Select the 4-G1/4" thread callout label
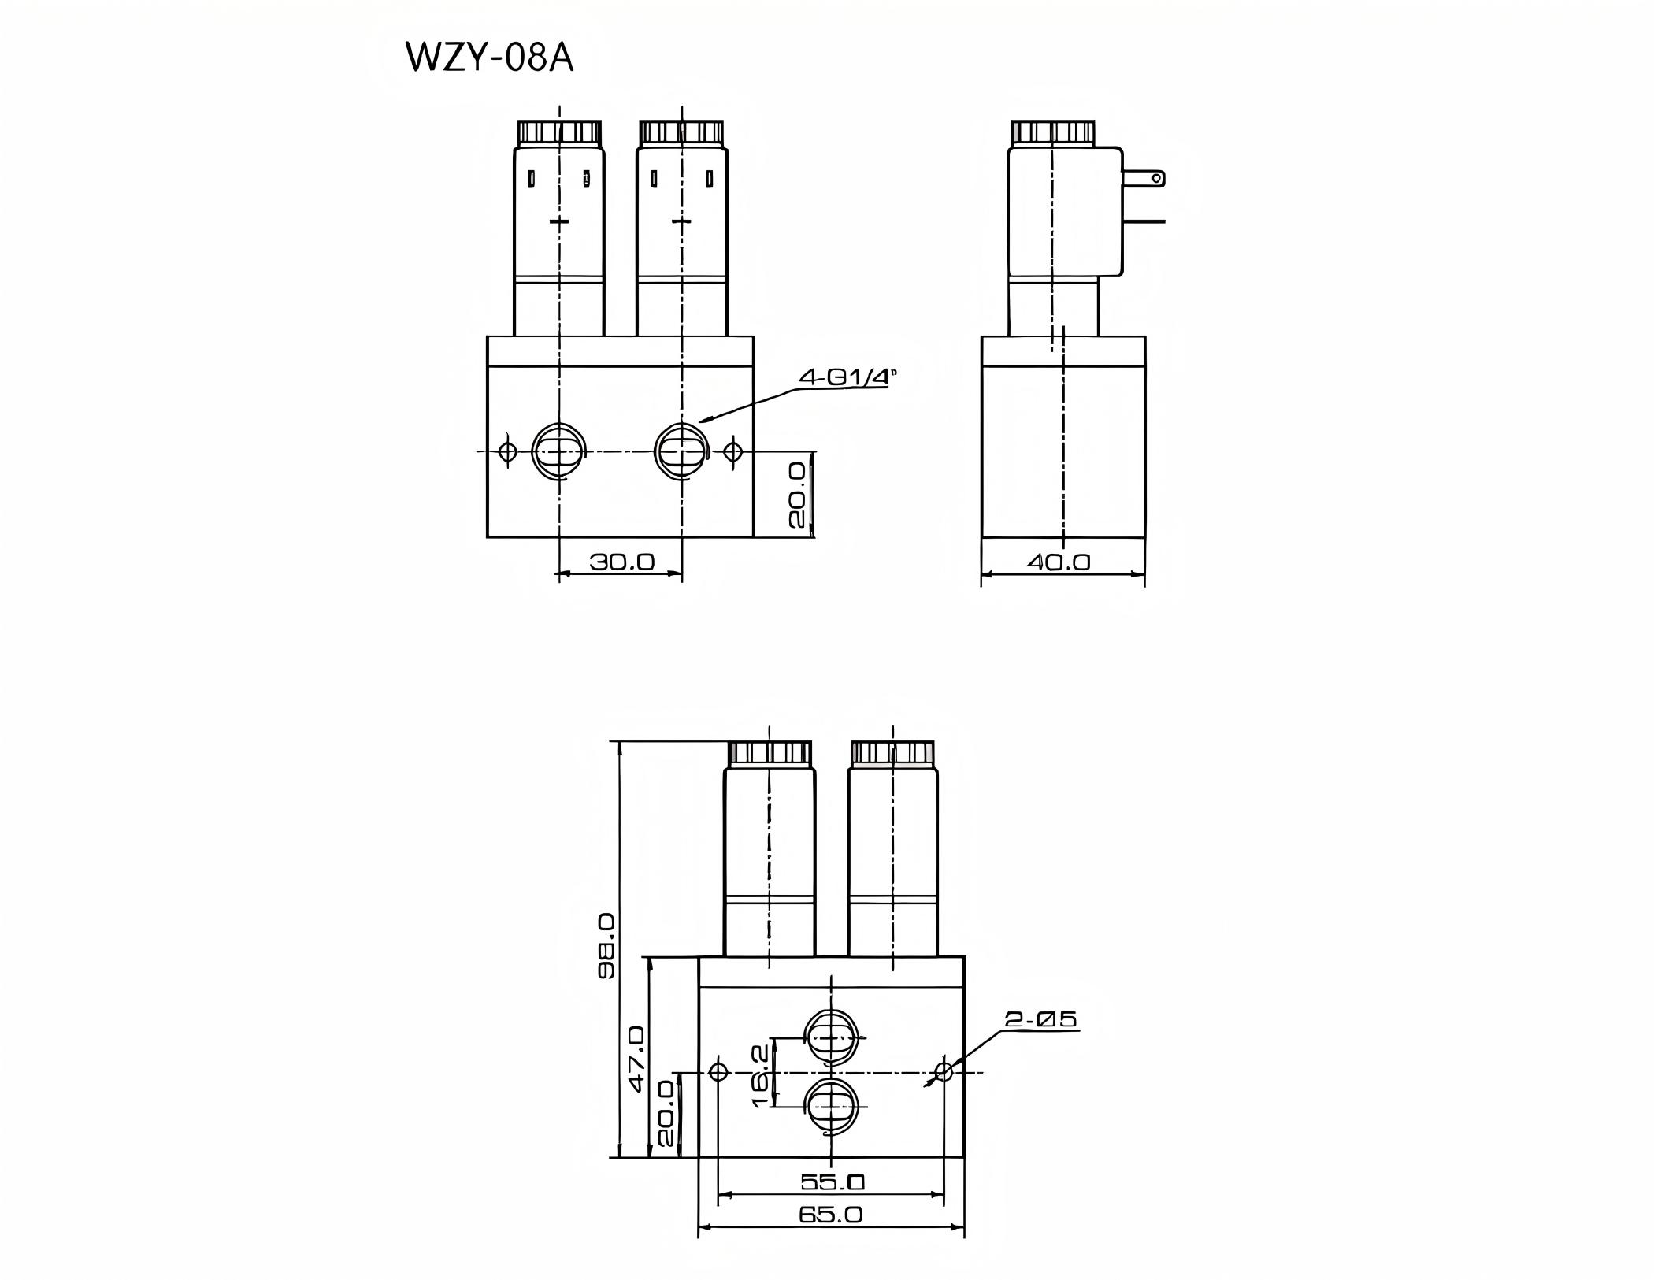[847, 377]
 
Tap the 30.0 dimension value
[621, 562]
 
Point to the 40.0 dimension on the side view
[1059, 562]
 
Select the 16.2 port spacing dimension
[761, 1075]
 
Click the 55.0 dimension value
[833, 1182]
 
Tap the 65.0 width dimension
[831, 1214]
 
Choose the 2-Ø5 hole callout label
[1040, 1019]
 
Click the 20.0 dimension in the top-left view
[796, 495]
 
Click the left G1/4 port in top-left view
[558, 451]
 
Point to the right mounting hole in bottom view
[943, 1072]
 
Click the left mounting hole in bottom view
[718, 1072]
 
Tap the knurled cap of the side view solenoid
[1052, 132]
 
